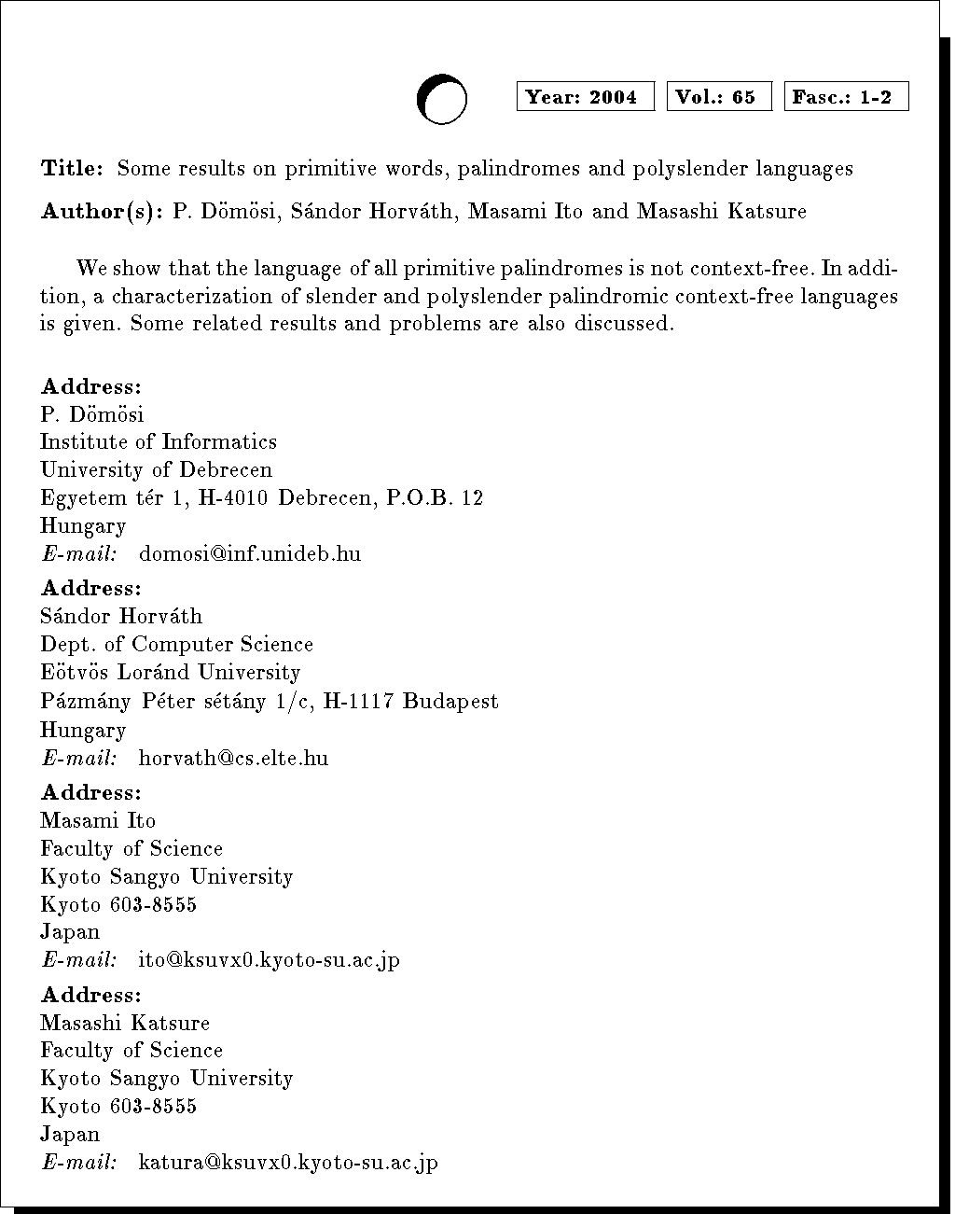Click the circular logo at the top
(x=441, y=98)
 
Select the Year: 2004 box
(x=585, y=97)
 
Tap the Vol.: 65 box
(x=719, y=97)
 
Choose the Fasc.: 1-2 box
(x=846, y=97)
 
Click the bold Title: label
(x=72, y=169)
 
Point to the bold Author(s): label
(x=103, y=212)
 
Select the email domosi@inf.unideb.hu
(x=249, y=554)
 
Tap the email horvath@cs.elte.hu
(x=233, y=758)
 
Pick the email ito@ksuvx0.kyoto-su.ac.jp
(x=269, y=959)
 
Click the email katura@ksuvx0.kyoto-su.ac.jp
(x=287, y=1163)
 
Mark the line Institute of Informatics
(x=159, y=442)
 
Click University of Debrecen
(x=156, y=470)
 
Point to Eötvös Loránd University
(x=171, y=673)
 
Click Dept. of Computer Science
(x=177, y=645)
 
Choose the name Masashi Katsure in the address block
(x=125, y=1024)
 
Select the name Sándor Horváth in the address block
(x=121, y=617)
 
